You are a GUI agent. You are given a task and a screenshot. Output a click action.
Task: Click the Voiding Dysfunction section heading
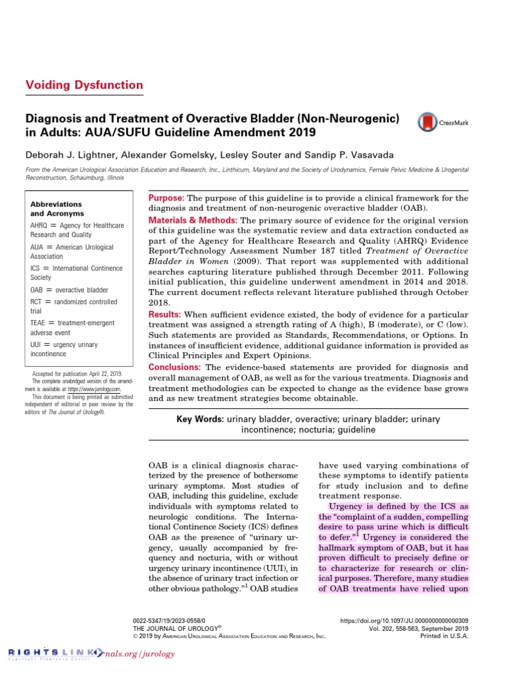click(84, 85)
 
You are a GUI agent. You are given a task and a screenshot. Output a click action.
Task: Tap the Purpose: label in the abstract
click(167, 198)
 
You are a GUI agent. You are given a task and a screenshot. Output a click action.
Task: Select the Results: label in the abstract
click(167, 315)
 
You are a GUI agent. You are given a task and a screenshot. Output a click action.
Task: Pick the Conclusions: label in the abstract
click(176, 367)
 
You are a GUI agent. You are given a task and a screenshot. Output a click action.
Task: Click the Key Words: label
click(201, 419)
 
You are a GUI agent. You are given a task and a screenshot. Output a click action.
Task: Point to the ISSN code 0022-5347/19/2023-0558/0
click(169, 620)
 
